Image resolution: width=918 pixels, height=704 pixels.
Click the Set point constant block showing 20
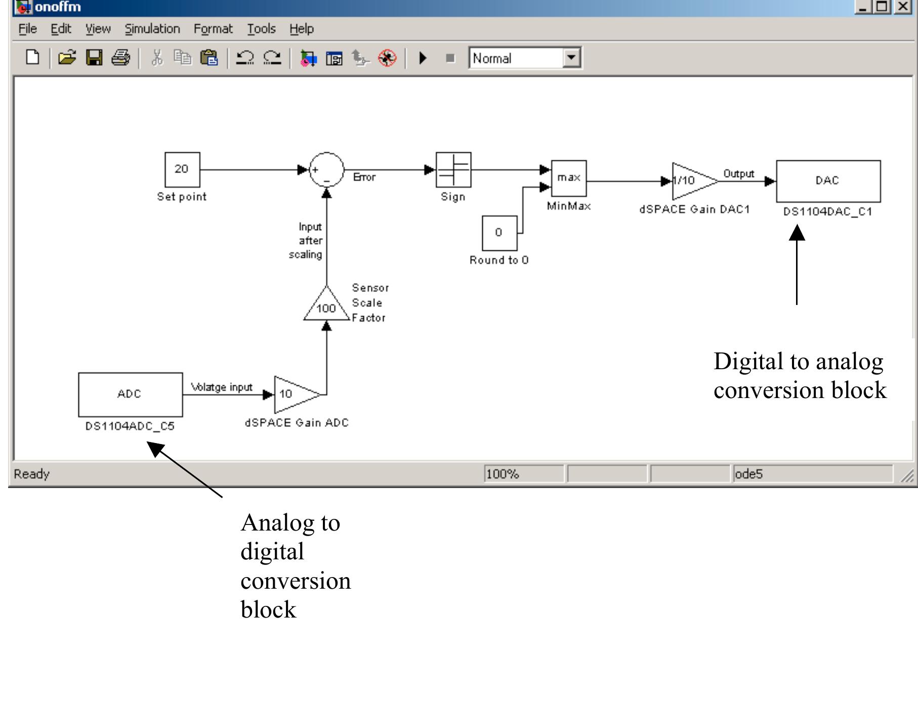(x=182, y=169)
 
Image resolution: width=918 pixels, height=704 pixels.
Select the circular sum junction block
(x=326, y=169)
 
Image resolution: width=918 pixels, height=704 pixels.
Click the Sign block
(x=453, y=169)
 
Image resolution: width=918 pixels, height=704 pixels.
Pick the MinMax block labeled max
(x=569, y=178)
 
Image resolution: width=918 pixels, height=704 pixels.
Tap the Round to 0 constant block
(x=499, y=233)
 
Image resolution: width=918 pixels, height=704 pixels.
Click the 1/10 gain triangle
(x=691, y=181)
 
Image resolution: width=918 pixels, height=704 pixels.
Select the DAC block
(x=828, y=181)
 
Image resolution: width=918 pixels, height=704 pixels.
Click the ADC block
(x=130, y=394)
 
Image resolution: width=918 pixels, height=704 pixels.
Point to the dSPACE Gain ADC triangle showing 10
(x=293, y=394)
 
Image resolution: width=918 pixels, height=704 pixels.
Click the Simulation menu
(x=152, y=29)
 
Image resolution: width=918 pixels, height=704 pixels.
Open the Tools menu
(x=261, y=29)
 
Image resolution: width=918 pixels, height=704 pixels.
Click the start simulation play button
(x=423, y=58)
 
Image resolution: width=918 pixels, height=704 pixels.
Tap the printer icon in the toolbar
(x=120, y=58)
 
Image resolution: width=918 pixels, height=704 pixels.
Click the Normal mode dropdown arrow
(x=571, y=58)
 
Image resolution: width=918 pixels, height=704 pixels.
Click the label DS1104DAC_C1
(x=828, y=211)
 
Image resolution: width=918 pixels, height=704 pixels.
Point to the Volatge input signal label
(x=221, y=387)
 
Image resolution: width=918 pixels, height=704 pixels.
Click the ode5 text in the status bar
(x=748, y=474)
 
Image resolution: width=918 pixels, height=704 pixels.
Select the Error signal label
(x=364, y=177)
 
